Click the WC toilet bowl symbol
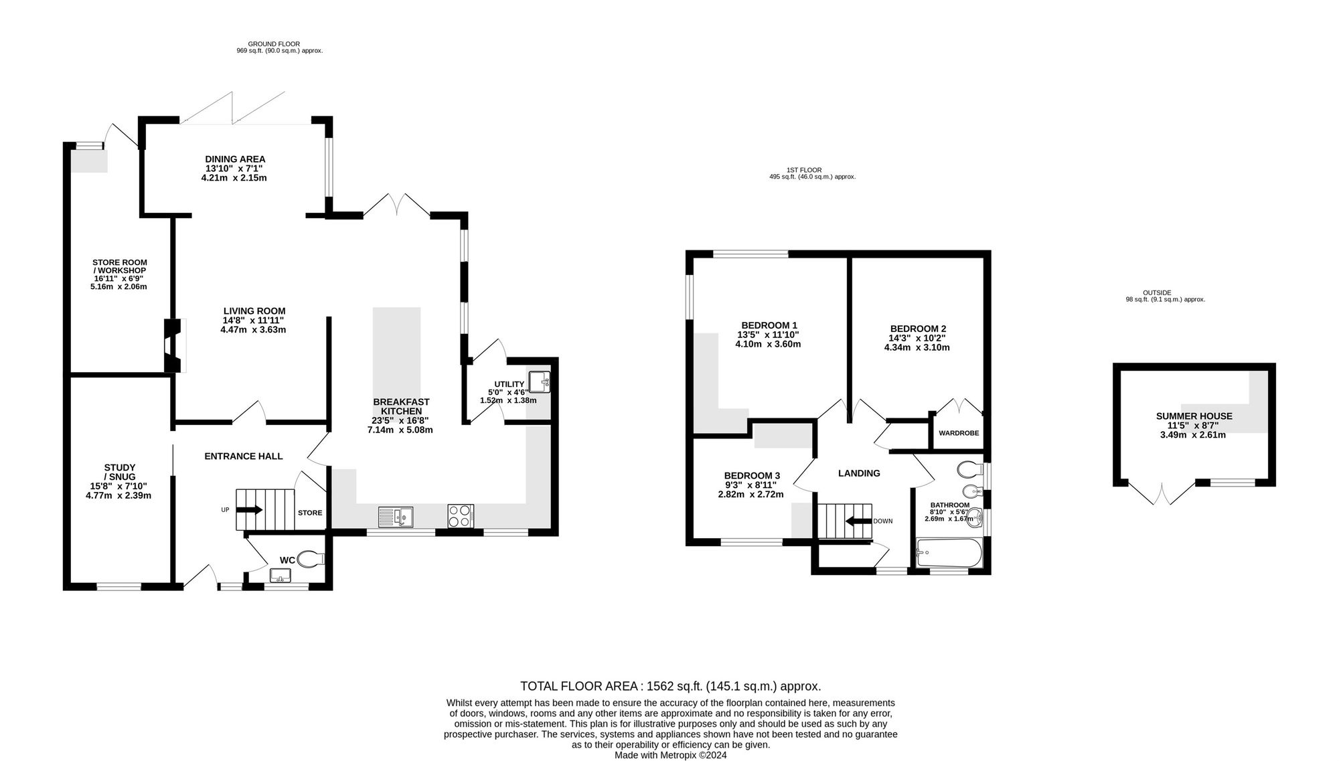pyautogui.click(x=311, y=559)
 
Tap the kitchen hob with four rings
pyautogui.click(x=461, y=516)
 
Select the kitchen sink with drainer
pyautogui.click(x=396, y=517)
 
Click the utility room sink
pyautogui.click(x=539, y=382)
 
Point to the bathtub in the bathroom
pyautogui.click(x=949, y=554)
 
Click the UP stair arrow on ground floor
pyautogui.click(x=249, y=509)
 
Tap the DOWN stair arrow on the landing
pyautogui.click(x=858, y=521)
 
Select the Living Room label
pyautogui.click(x=254, y=320)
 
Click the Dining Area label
pyautogui.click(x=234, y=169)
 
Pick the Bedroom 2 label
pyautogui.click(x=917, y=338)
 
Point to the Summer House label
pyautogui.click(x=1194, y=425)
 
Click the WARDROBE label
pyautogui.click(x=959, y=433)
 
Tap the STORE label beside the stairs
pyautogui.click(x=310, y=513)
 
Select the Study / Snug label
pyautogui.click(x=119, y=481)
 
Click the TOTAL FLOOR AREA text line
pyautogui.click(x=671, y=686)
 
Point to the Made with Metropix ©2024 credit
pyautogui.click(x=671, y=755)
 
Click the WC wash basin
pyautogui.click(x=280, y=575)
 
